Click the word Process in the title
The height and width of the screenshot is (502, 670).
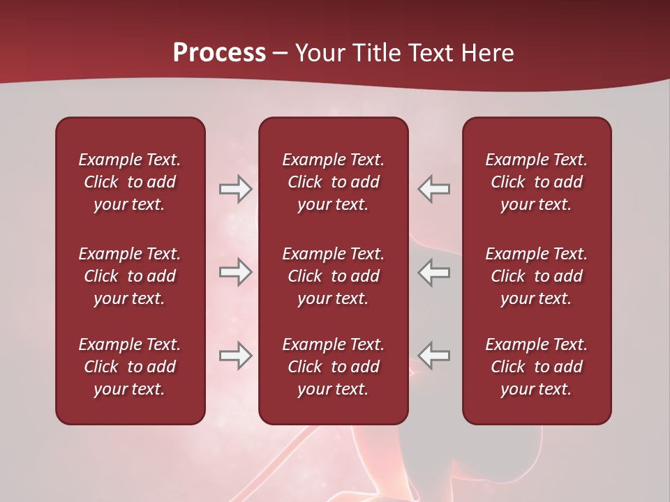(219, 53)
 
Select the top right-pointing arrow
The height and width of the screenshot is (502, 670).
(235, 189)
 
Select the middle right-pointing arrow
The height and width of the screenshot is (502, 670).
(235, 272)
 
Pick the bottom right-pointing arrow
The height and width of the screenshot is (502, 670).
(235, 356)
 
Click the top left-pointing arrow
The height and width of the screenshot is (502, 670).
(433, 189)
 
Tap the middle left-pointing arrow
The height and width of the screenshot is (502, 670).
(433, 272)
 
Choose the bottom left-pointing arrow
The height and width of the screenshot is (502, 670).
(433, 356)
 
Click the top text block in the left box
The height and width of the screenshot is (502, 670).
(130, 182)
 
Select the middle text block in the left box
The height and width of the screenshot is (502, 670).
(130, 276)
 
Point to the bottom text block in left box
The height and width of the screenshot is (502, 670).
(130, 367)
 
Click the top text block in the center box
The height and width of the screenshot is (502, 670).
(333, 182)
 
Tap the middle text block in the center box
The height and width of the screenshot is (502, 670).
(333, 276)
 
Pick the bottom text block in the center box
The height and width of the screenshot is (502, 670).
(333, 367)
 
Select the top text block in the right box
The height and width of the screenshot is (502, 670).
(537, 182)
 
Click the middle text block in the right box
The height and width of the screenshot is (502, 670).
(537, 276)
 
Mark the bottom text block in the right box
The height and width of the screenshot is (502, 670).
(537, 367)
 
